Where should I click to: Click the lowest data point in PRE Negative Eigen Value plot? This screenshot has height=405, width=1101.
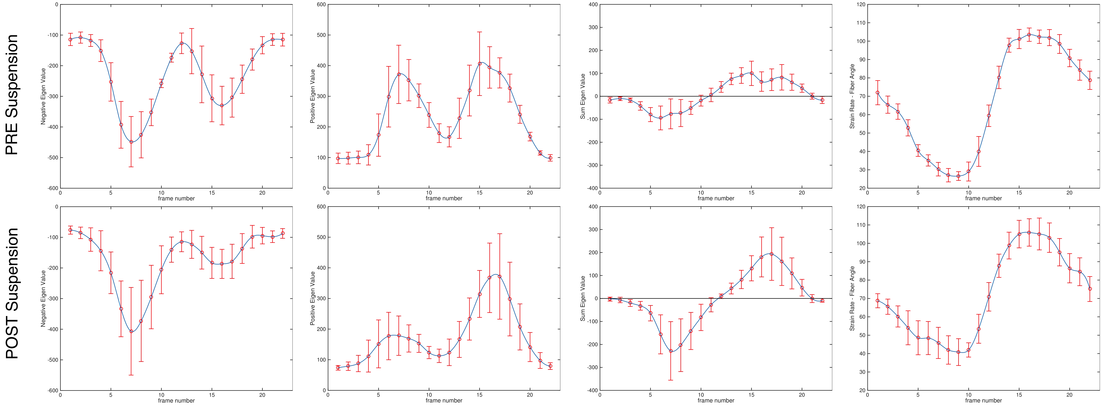click(131, 142)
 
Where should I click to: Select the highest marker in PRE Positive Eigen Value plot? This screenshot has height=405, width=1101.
click(480, 63)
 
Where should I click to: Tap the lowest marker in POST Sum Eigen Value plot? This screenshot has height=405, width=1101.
click(671, 351)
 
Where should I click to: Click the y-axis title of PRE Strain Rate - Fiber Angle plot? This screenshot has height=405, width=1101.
click(852, 96)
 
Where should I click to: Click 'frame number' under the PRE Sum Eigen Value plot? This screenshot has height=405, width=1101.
click(716, 198)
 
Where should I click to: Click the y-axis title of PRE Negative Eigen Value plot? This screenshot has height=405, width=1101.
click(43, 96)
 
